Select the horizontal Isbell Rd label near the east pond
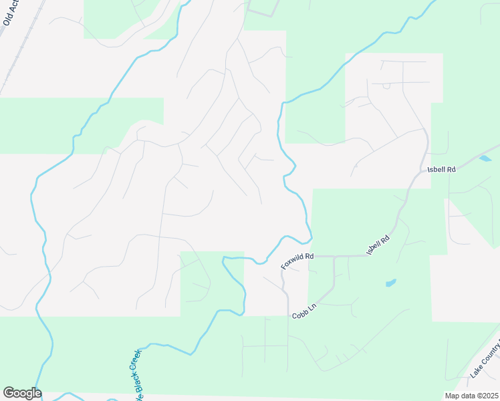coord(441,170)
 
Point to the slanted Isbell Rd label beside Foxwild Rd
coord(378,245)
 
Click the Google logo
coord(22,393)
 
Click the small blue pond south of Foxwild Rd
coord(390,283)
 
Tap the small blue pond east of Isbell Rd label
coord(485,158)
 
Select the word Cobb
coord(298,315)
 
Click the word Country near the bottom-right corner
coord(489,360)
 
